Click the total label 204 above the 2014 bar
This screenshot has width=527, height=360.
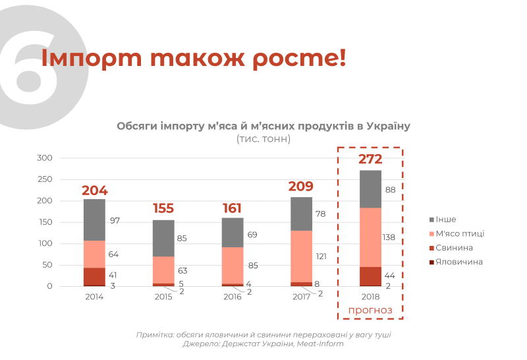(x=95, y=191)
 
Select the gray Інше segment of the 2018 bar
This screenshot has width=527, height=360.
(x=370, y=189)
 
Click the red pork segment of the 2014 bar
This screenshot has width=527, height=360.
(x=95, y=276)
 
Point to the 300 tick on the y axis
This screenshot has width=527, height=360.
(x=44, y=158)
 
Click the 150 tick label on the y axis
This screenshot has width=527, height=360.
(x=44, y=222)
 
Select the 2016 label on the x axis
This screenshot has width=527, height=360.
(x=233, y=297)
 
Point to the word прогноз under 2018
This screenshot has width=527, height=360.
(x=370, y=310)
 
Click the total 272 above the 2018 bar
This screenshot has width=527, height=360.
(x=370, y=159)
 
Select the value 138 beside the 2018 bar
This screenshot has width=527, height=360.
(x=389, y=237)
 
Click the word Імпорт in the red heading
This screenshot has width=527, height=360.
(x=84, y=57)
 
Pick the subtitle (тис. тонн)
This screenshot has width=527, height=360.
(x=263, y=139)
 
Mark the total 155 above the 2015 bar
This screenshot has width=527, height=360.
(x=163, y=208)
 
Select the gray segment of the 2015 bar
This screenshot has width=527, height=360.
(x=163, y=238)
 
